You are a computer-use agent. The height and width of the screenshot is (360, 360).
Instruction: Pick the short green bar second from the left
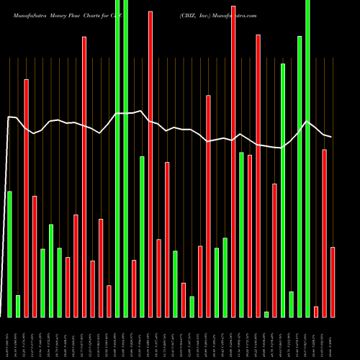[18, 306]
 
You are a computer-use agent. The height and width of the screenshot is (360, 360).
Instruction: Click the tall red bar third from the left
[26, 198]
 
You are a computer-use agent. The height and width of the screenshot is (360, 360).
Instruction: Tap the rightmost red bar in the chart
[333, 282]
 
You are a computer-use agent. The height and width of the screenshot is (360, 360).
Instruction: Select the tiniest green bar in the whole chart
[266, 314]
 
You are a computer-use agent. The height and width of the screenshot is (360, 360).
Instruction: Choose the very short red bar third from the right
[316, 311]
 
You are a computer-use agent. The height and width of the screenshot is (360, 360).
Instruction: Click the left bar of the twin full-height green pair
[117, 158]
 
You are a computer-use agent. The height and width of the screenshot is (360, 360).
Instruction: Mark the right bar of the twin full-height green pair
[126, 158]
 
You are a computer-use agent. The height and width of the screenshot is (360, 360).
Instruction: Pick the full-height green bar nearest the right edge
[307, 158]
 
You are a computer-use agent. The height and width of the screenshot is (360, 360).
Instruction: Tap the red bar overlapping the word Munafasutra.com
[233, 161]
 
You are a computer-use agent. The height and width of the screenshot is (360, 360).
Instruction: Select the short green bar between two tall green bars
[291, 304]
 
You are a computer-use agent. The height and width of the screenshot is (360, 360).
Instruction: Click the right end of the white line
[331, 137]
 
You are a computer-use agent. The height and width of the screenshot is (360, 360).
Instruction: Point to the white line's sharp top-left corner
[9, 116]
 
